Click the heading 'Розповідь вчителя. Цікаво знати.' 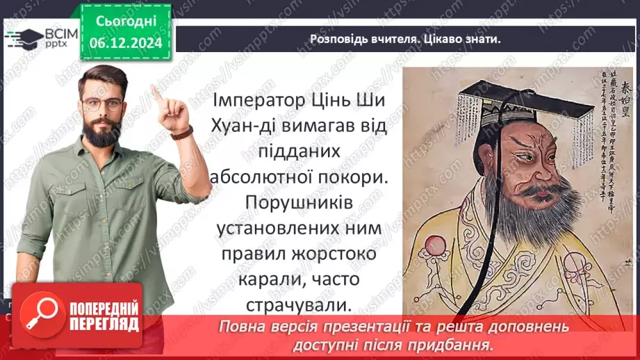[x=405, y=39]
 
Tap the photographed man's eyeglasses [x=102, y=105]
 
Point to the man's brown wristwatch [x=183, y=133]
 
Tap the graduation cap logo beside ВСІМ [x=23, y=38]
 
